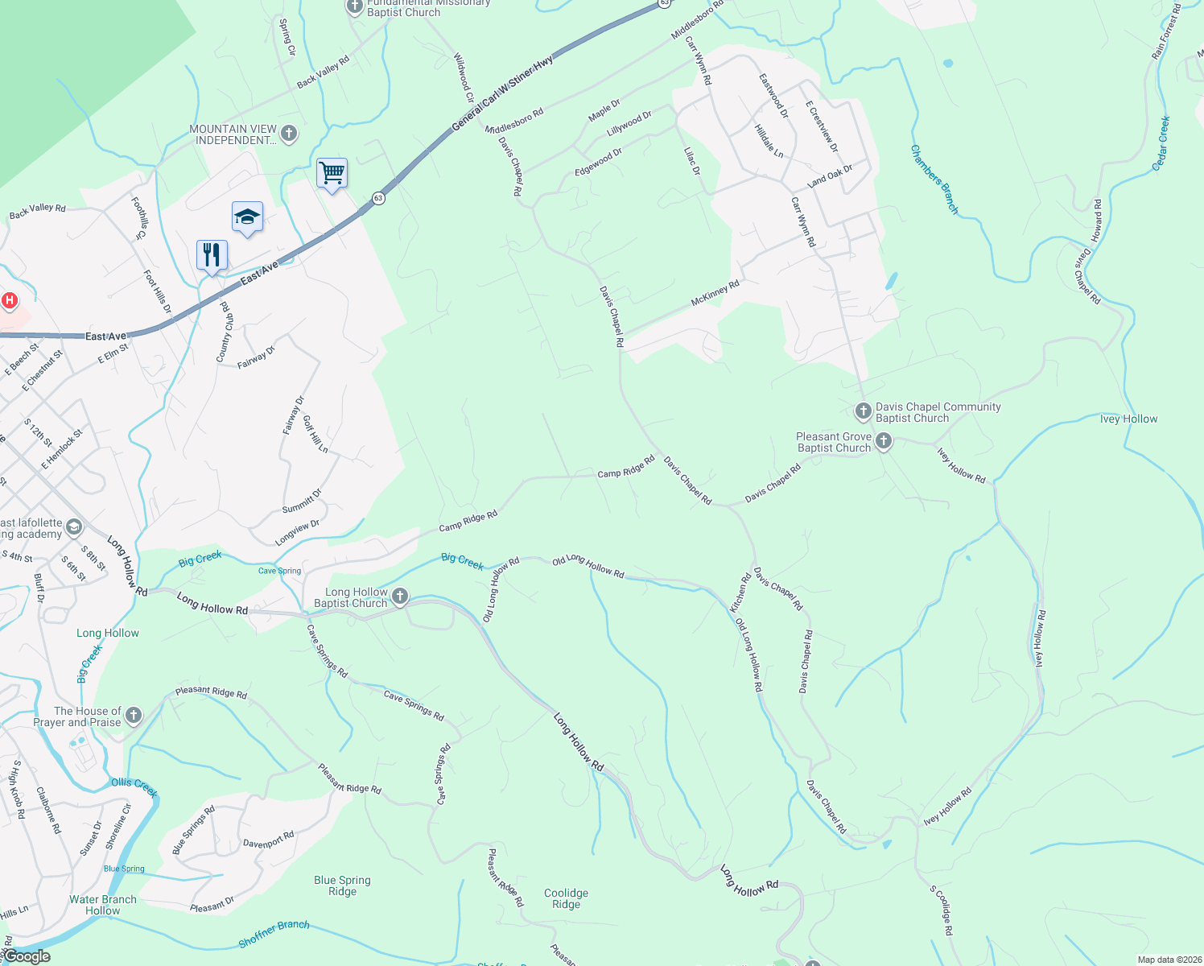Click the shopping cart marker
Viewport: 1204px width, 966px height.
click(332, 173)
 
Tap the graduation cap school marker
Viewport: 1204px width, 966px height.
click(247, 217)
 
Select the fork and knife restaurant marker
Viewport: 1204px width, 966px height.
click(212, 255)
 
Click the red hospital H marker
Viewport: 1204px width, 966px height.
click(10, 301)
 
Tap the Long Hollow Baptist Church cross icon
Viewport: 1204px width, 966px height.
click(400, 597)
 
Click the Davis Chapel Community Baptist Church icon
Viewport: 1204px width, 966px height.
click(863, 412)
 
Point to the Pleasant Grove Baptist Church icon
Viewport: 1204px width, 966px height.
click(884, 441)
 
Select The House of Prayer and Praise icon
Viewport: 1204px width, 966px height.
click(134, 715)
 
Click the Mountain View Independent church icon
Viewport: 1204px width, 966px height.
click(289, 134)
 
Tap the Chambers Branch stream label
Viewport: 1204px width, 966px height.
click(934, 180)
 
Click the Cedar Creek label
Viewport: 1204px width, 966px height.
click(1161, 143)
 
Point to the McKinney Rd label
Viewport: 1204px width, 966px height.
click(715, 294)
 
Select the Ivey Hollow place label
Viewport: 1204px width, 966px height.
click(1128, 419)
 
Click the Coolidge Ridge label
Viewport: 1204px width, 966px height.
click(566, 898)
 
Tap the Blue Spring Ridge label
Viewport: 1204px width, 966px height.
click(342, 885)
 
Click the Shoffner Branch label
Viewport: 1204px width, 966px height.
click(274, 934)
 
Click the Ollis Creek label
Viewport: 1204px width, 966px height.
click(134, 786)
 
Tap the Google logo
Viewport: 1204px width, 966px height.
click(27, 956)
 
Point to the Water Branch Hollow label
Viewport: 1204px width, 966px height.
click(103, 905)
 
